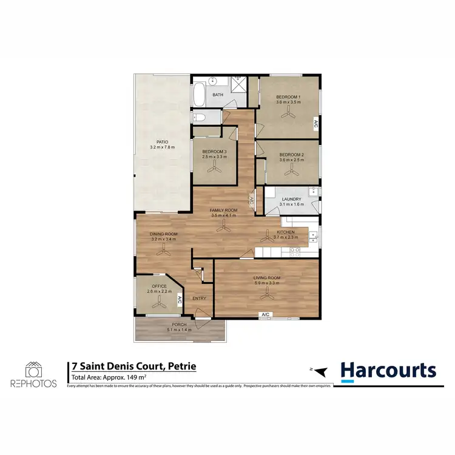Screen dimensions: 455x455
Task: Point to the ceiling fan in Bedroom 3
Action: coord(215,170)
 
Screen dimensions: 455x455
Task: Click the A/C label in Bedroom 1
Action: coord(316,124)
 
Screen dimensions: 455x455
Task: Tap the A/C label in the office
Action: coord(179,300)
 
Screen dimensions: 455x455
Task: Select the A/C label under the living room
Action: coord(265,314)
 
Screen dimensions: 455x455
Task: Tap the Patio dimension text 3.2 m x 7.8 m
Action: coord(162,147)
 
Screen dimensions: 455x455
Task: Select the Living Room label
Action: coord(266,278)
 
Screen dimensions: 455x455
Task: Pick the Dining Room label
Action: coord(164,234)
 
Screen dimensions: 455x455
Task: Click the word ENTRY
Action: coord(199,298)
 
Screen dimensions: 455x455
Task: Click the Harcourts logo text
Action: coord(388,370)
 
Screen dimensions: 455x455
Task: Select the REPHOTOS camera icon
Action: coord(34,369)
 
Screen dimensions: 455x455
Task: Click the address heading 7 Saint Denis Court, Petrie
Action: coord(133,367)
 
